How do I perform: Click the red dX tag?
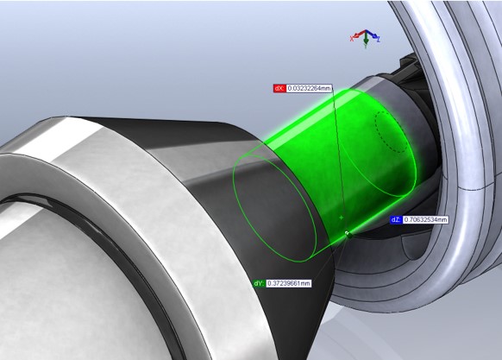pos(279,88)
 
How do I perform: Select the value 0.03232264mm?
pos(309,88)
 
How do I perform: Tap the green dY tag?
pos(259,283)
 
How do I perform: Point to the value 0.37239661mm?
pos(288,283)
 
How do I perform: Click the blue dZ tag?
pos(396,219)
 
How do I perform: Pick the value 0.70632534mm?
pos(425,219)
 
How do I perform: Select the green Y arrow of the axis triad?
pos(366,39)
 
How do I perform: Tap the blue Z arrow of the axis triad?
pos(372,34)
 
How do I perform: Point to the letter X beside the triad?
pos(352,39)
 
